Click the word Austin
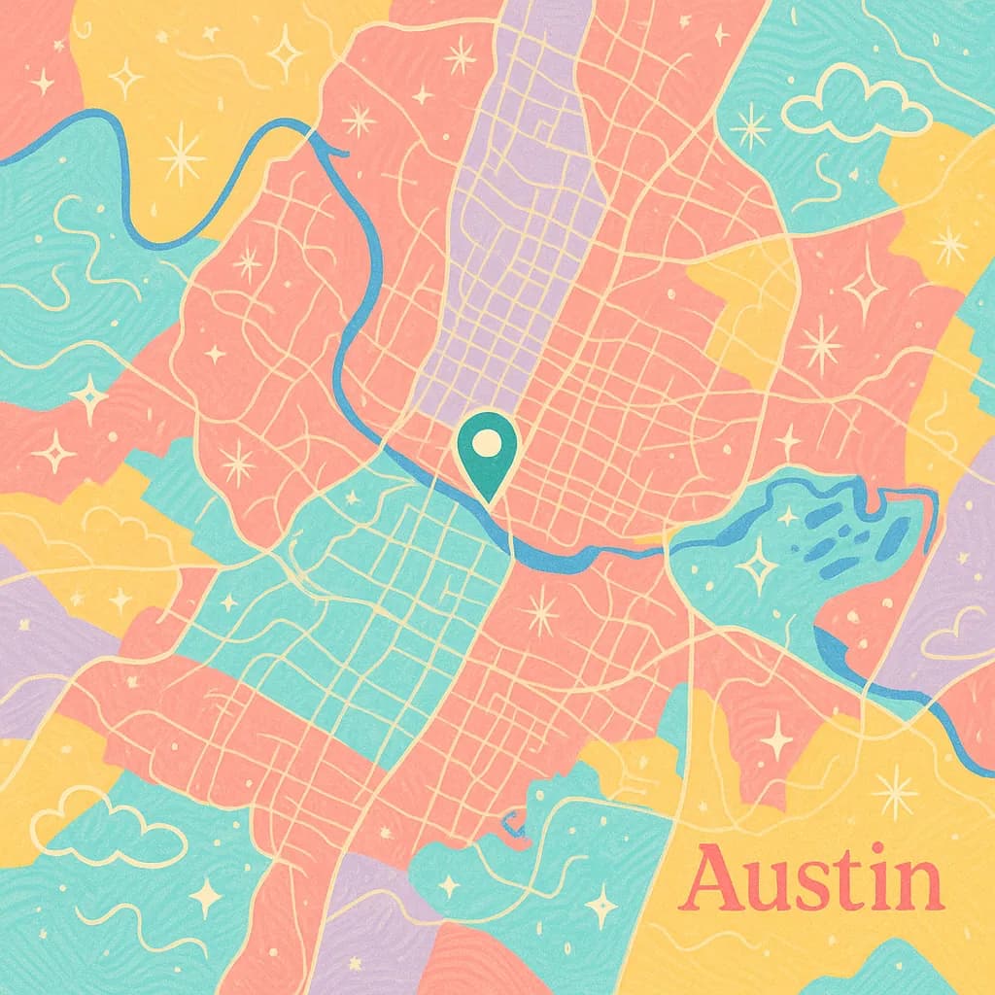(812, 880)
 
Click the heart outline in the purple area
(957, 636)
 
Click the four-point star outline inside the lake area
(757, 563)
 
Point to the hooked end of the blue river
(335, 150)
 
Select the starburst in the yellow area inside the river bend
(182, 155)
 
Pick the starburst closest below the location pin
(540, 613)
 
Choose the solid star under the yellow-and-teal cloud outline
(206, 895)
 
